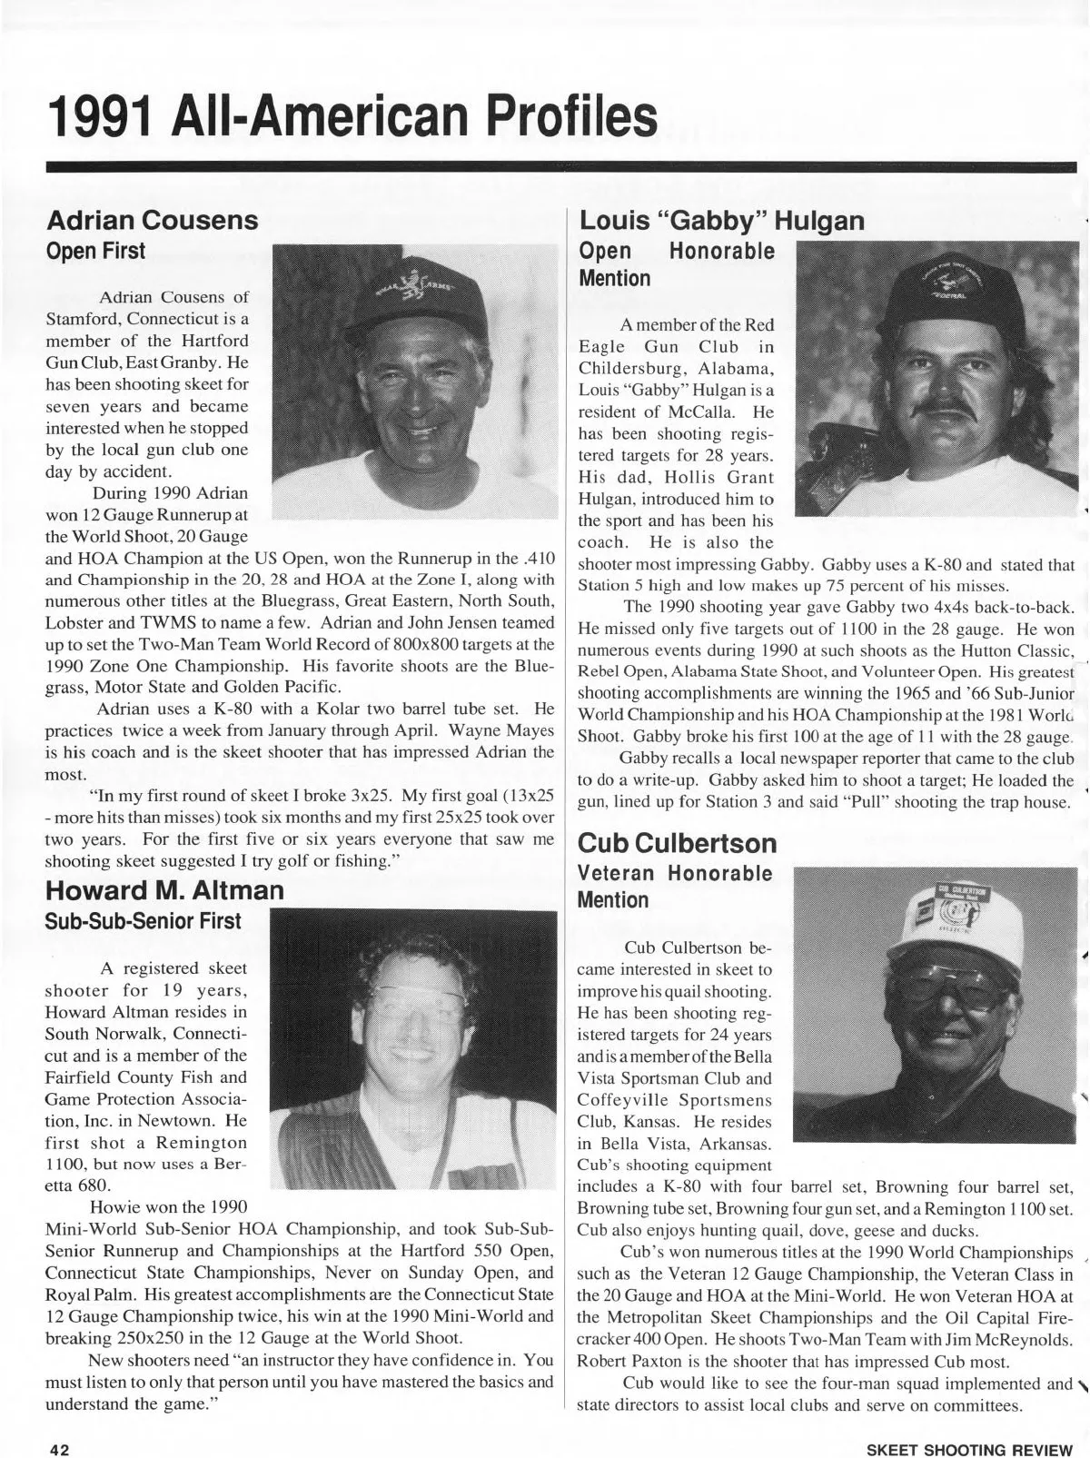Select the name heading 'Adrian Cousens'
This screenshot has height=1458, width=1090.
(152, 221)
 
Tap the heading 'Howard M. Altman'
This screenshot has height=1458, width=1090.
(164, 889)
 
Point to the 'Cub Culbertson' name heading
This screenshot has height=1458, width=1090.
(678, 843)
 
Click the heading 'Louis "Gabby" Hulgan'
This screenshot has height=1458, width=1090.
(721, 221)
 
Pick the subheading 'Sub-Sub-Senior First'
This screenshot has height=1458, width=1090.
(144, 920)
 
